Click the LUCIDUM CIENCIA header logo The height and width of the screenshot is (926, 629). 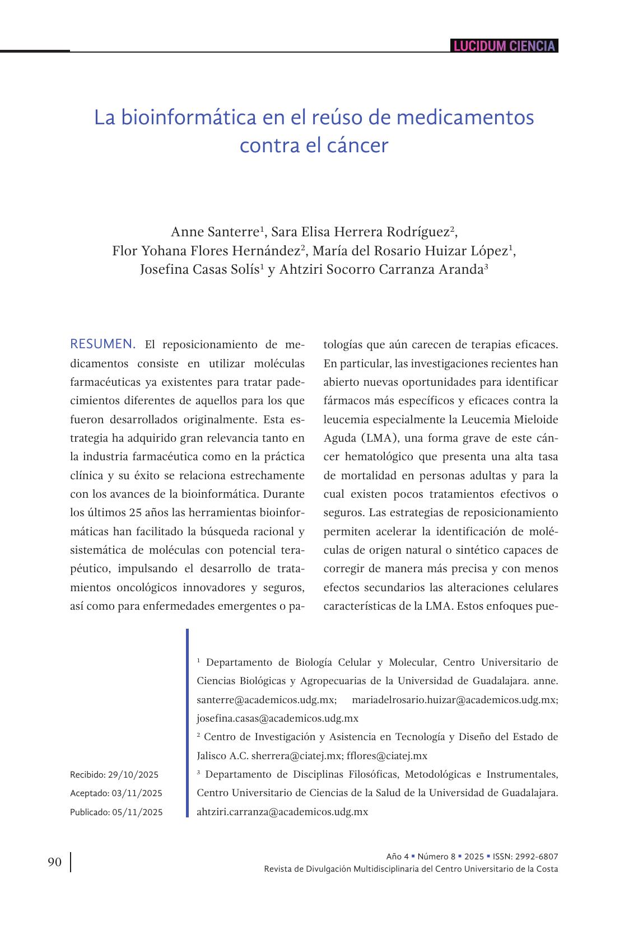tap(504, 46)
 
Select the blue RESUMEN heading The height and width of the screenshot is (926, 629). tap(102, 344)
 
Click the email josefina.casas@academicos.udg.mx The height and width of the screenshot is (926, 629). tap(277, 718)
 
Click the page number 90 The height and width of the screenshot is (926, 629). tap(54, 862)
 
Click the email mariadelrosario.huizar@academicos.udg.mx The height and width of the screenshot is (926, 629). tap(454, 700)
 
